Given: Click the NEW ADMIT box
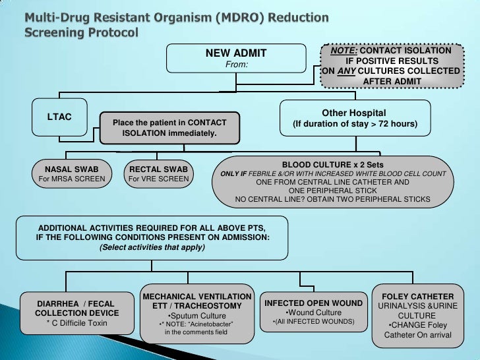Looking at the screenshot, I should (236, 58).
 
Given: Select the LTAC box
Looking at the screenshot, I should (59, 117).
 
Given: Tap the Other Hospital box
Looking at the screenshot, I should (354, 118).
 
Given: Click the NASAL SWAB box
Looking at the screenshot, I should (68, 173).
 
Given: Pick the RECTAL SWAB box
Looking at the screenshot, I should (158, 173).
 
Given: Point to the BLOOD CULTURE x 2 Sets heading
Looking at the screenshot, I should (332, 164).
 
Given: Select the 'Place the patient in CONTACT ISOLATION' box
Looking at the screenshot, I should (169, 128).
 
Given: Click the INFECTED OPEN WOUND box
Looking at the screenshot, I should (313, 312).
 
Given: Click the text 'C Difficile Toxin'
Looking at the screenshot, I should (77, 323).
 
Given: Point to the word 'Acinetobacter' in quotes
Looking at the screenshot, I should (211, 324).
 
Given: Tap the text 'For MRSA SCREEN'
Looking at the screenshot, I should (68, 179).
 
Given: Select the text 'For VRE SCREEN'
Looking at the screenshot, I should (158, 179).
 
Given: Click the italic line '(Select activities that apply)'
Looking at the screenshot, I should (152, 247).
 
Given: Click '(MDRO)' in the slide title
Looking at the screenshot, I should (238, 15).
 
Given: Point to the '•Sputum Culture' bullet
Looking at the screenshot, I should (197, 316).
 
